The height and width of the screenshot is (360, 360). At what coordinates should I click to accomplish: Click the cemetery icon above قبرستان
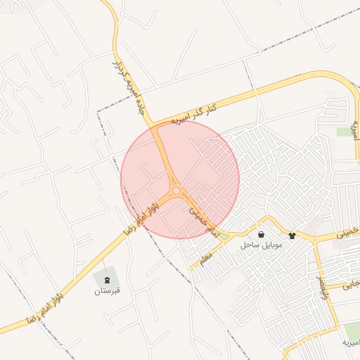(106, 280)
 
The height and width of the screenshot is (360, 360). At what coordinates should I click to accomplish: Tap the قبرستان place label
(108, 290)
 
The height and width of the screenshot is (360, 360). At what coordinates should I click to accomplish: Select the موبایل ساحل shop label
(261, 245)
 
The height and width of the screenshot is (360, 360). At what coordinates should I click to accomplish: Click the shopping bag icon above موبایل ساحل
(262, 234)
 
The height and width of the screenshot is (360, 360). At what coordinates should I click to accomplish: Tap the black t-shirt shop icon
(292, 235)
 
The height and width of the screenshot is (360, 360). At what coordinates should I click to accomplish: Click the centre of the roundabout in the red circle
(175, 191)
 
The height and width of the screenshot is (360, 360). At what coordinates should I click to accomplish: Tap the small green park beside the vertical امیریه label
(344, 131)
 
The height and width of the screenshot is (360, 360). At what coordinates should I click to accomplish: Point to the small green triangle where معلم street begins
(224, 237)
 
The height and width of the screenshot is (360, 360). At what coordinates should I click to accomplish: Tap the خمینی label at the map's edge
(347, 233)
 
